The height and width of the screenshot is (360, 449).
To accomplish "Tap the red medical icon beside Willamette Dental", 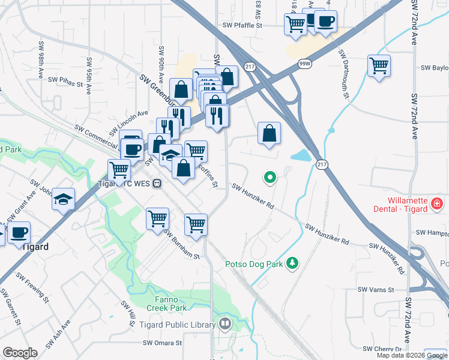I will (437, 204).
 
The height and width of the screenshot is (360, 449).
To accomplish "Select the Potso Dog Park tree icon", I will (292, 263).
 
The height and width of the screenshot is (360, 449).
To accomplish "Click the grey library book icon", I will (224, 325).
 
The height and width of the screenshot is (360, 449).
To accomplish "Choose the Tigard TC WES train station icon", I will (157, 183).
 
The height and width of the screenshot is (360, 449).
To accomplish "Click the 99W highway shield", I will (304, 63).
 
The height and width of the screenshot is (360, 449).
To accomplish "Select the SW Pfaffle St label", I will (243, 26).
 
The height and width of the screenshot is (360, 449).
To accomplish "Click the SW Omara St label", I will (162, 343).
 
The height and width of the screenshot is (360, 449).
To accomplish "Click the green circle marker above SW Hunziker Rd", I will (270, 177).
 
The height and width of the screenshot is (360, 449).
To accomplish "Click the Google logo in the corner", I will (20, 353).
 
